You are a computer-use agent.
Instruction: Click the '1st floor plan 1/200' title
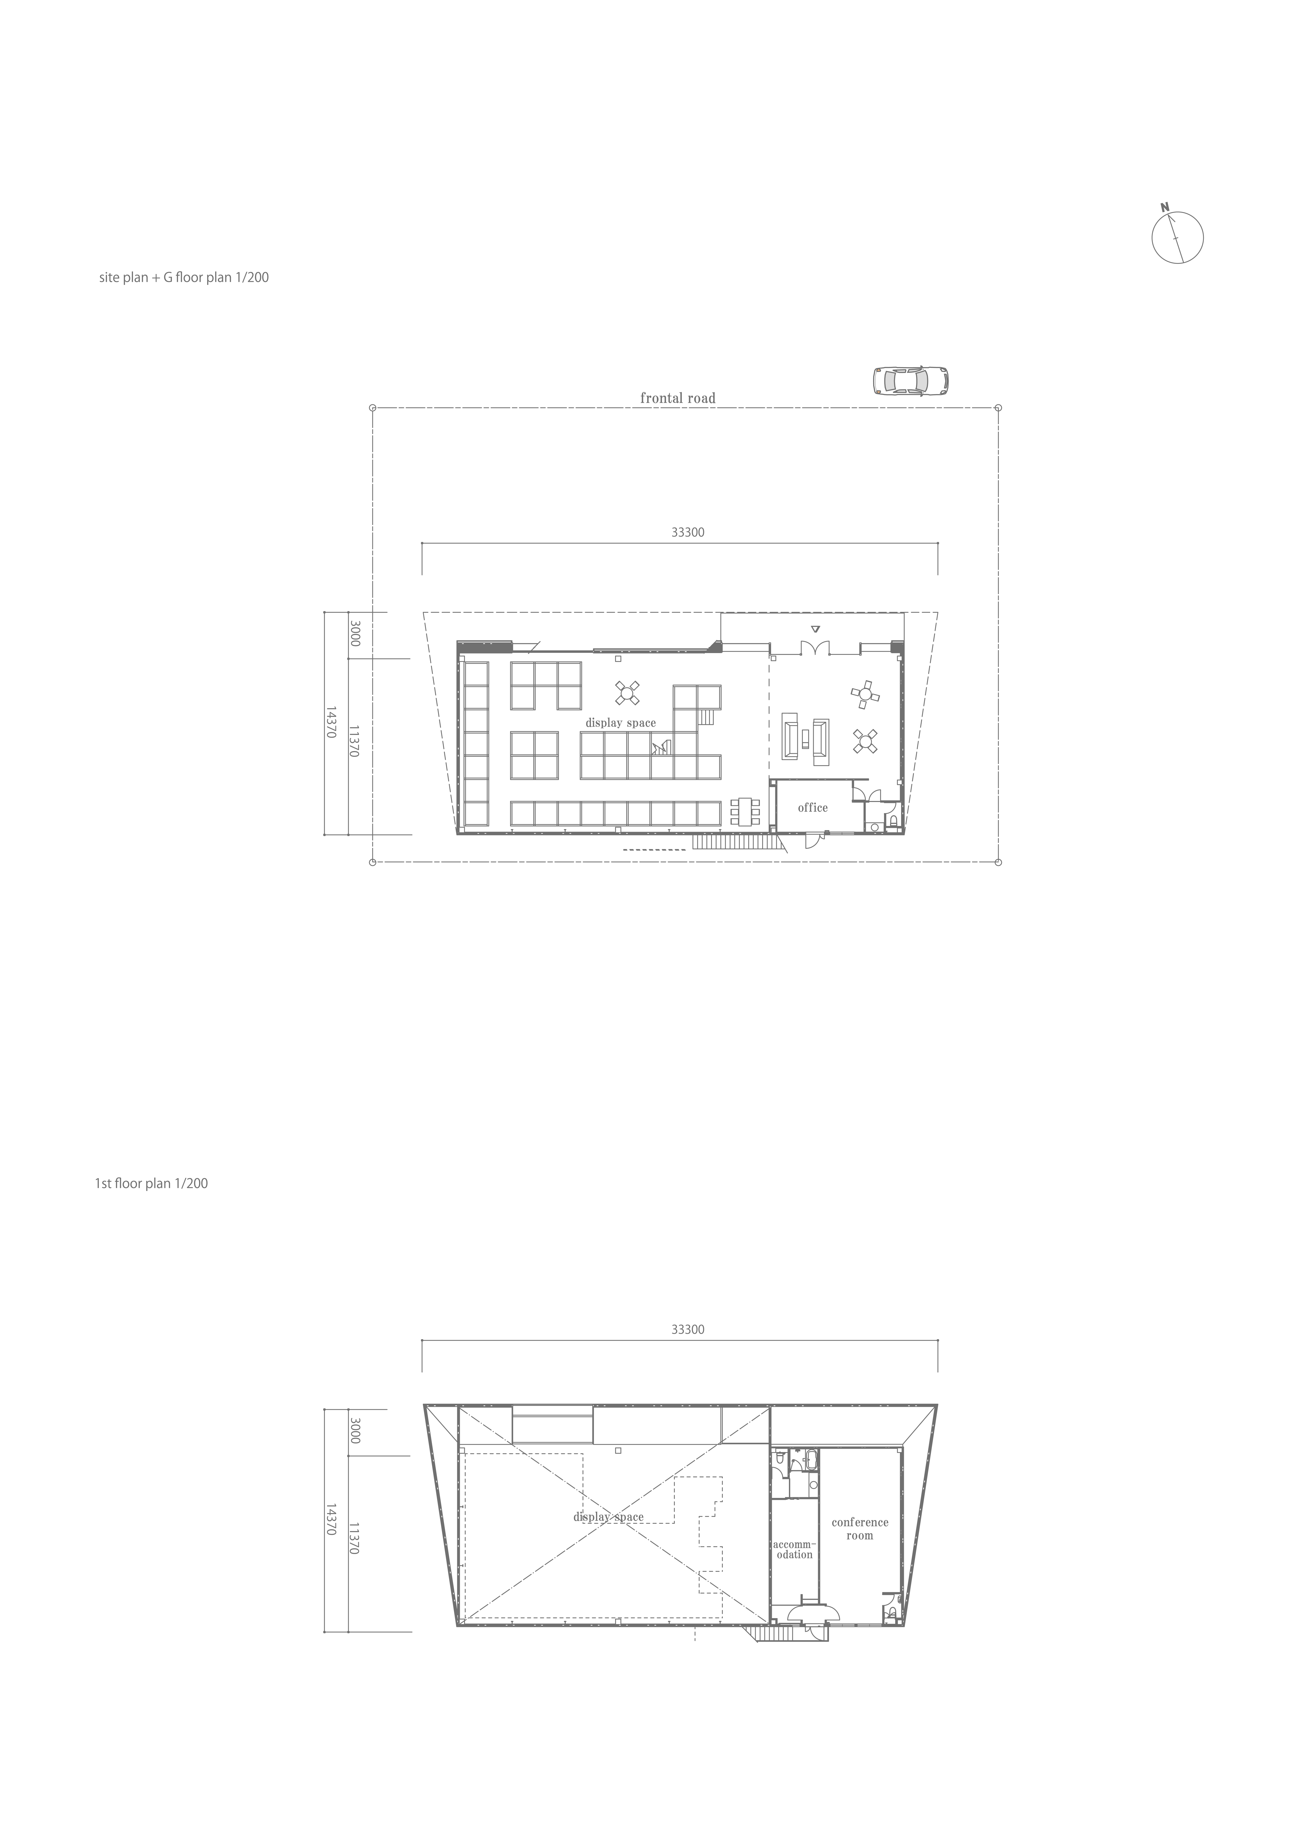point(151,1183)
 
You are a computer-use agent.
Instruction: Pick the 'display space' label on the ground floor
point(620,723)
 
